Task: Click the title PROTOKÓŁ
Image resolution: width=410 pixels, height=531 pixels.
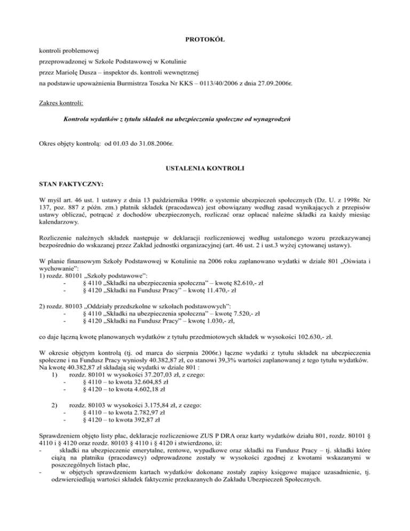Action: [x=204, y=40]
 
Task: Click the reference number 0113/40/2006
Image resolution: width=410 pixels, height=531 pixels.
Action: [x=217, y=84]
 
